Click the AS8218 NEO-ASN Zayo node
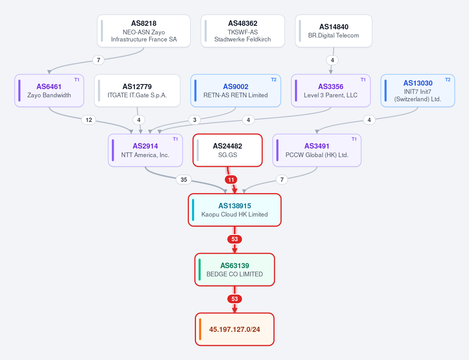[144, 31]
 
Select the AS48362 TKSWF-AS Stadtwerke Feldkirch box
[243, 31]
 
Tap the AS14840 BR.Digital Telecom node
[334, 31]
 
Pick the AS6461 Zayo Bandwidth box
[49, 91]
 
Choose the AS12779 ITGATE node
[137, 91]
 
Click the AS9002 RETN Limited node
[236, 91]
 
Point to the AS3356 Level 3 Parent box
[331, 91]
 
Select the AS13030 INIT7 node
[418, 91]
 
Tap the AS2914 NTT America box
[146, 150]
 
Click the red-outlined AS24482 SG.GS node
[228, 150]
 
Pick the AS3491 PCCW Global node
[317, 150]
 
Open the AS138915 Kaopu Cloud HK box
[235, 210]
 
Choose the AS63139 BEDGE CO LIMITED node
[235, 270]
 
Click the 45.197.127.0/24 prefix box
[235, 329]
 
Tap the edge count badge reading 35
[184, 180]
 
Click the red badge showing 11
[231, 180]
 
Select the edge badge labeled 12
[89, 120]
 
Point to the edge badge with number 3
[195, 120]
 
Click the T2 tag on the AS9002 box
[274, 79]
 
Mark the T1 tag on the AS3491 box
[354, 139]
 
